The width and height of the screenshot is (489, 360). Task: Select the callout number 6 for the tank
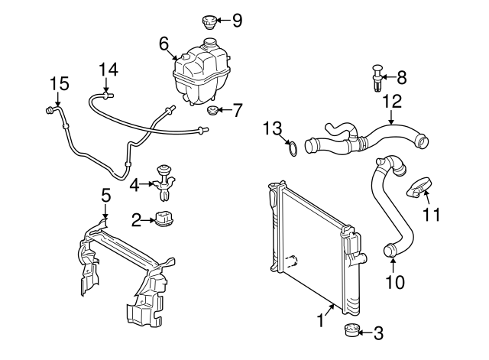click(x=163, y=44)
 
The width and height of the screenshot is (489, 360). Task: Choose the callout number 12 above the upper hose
click(x=391, y=100)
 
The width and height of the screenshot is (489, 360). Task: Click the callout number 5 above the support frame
click(x=106, y=196)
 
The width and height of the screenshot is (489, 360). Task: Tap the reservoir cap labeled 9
click(x=209, y=21)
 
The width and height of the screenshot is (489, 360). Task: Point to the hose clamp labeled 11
click(x=420, y=186)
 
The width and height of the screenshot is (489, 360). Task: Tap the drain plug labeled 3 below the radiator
click(x=351, y=332)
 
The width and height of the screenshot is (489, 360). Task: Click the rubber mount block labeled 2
click(x=165, y=219)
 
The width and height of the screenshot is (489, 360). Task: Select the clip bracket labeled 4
click(x=164, y=178)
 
